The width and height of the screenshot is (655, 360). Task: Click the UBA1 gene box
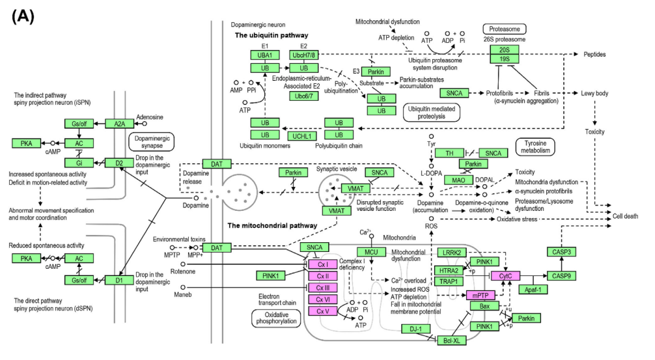[265, 55]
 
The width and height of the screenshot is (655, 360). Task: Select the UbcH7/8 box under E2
[303, 55]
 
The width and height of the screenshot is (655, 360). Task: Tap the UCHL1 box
[301, 136]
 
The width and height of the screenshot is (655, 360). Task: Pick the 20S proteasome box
[504, 49]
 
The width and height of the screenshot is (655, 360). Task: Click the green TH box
[449, 153]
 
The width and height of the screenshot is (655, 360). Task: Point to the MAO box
[458, 180]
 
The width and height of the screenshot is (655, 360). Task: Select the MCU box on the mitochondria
[371, 252]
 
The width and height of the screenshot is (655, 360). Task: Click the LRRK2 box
[452, 252]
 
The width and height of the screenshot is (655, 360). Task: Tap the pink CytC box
[505, 275]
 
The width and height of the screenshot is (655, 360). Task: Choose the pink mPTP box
[481, 296]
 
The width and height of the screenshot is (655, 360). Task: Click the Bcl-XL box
[452, 340]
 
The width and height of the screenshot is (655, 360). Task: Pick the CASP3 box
[561, 252]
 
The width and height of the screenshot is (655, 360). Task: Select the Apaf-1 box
[533, 289]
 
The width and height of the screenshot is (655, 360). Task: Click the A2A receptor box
[119, 124]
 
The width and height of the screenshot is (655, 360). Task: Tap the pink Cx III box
[323, 288]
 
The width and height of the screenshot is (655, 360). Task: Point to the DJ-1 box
[415, 329]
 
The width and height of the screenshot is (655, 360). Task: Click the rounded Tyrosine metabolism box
[536, 146]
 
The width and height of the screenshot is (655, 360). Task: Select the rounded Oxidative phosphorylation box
[276, 318]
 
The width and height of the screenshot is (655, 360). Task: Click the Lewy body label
[594, 93]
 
